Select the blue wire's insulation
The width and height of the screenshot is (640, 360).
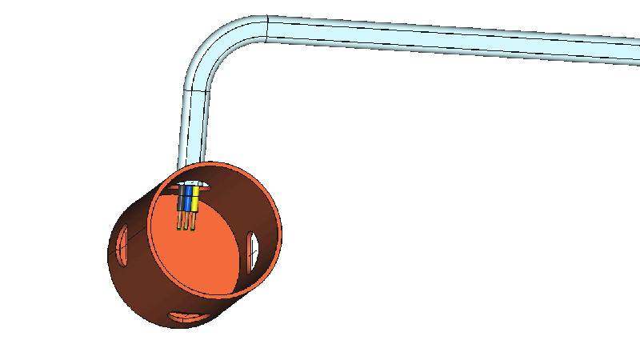pyautogui.click(x=188, y=201)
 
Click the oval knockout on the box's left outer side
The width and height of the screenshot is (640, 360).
pyautogui.click(x=122, y=243)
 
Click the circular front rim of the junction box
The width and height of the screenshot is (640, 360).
pyautogui.click(x=277, y=240)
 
